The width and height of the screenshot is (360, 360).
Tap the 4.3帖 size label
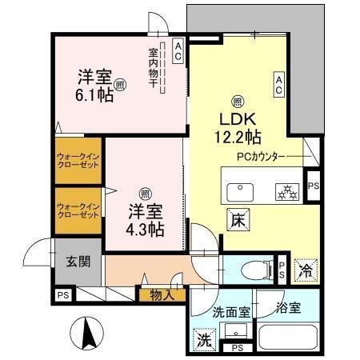tap(146, 229)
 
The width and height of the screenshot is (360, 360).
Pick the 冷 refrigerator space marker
tap(305, 270)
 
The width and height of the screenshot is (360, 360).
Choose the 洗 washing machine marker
tap(204, 340)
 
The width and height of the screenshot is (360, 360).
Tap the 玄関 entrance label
tap(78, 261)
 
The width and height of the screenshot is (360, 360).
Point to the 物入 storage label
tap(162, 294)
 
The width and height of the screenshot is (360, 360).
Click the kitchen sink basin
tap(240, 191)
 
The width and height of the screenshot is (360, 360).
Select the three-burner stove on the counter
tap(286, 191)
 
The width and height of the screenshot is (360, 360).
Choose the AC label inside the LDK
tap(279, 84)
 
